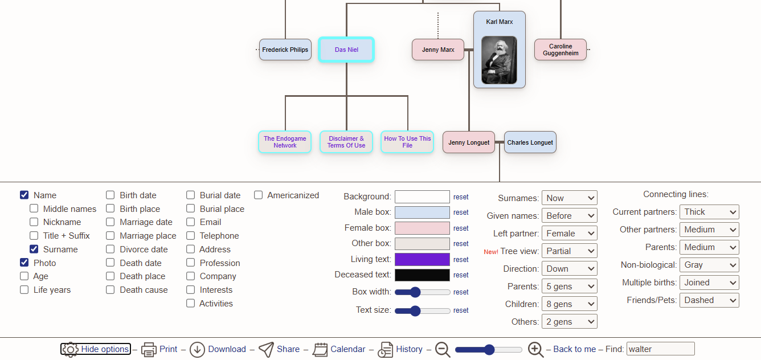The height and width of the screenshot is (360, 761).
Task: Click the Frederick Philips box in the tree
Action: pyautogui.click(x=285, y=50)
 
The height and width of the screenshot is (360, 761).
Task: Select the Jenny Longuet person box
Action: pyautogui.click(x=468, y=142)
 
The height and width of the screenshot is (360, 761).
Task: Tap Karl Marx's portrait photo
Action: pyautogui.click(x=499, y=60)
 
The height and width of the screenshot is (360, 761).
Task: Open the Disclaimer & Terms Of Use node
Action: pyautogui.click(x=346, y=142)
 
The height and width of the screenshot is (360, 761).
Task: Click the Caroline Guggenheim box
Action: pyautogui.click(x=560, y=50)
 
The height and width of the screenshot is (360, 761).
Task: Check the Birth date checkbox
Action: pyautogui.click(x=110, y=195)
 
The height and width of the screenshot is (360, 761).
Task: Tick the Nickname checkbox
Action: pyautogui.click(x=34, y=222)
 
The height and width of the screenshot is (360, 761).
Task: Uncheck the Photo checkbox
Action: pyautogui.click(x=24, y=263)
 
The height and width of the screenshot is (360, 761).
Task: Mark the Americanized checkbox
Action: pyautogui.click(x=259, y=195)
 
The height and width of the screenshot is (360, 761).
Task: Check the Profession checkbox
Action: pyautogui.click(x=191, y=263)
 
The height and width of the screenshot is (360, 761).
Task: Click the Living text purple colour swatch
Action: pyautogui.click(x=422, y=259)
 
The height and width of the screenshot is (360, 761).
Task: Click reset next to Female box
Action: pyautogui.click(x=461, y=228)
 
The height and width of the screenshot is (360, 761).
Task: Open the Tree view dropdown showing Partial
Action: pyautogui.click(x=569, y=251)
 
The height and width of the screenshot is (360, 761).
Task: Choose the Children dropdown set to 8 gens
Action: pyautogui.click(x=569, y=304)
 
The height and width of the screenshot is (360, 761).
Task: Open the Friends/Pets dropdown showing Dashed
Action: pyautogui.click(x=709, y=300)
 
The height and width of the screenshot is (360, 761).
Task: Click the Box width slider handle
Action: pyautogui.click(x=415, y=292)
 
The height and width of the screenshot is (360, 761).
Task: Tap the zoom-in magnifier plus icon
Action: pyautogui.click(x=535, y=349)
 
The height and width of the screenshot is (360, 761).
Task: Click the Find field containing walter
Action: pyautogui.click(x=660, y=349)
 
